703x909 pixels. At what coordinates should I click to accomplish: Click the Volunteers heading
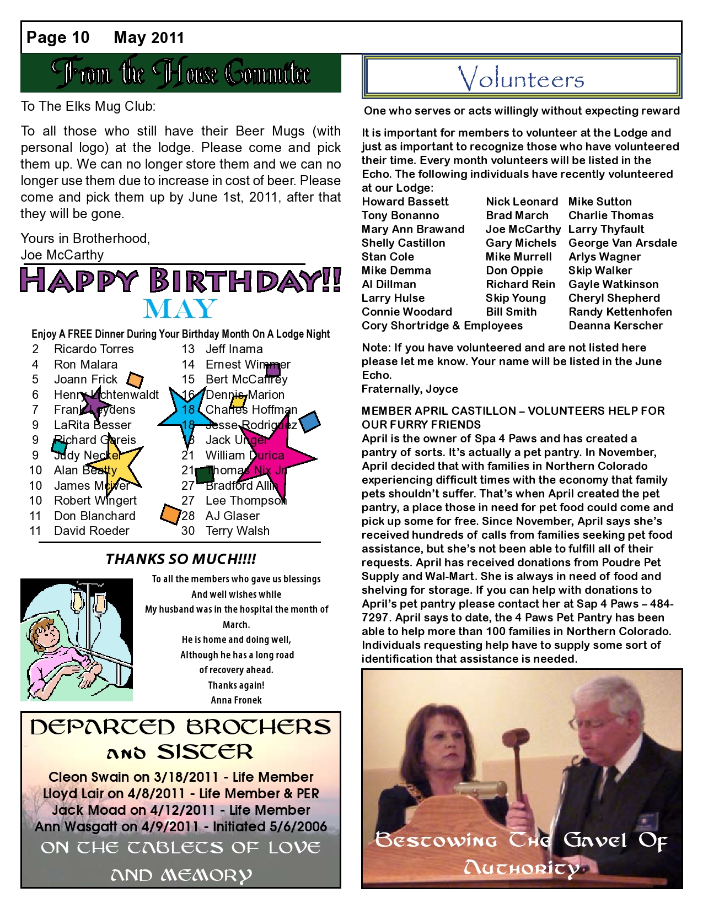[x=521, y=78]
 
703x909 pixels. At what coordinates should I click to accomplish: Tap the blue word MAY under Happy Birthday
[x=180, y=309]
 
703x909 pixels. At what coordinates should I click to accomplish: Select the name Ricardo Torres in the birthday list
[x=94, y=349]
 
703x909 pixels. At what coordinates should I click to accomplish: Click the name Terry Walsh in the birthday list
[x=238, y=531]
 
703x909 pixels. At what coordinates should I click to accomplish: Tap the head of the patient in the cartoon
[x=42, y=634]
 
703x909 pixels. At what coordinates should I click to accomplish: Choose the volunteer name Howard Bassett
[x=405, y=202]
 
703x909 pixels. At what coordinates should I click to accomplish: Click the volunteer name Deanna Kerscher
[x=616, y=326]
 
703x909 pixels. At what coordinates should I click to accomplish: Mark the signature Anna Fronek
[x=236, y=700]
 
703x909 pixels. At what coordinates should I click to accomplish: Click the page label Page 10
[x=58, y=37]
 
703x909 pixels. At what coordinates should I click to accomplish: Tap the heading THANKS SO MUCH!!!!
[x=181, y=559]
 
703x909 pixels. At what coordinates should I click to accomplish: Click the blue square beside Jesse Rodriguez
[x=309, y=421]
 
